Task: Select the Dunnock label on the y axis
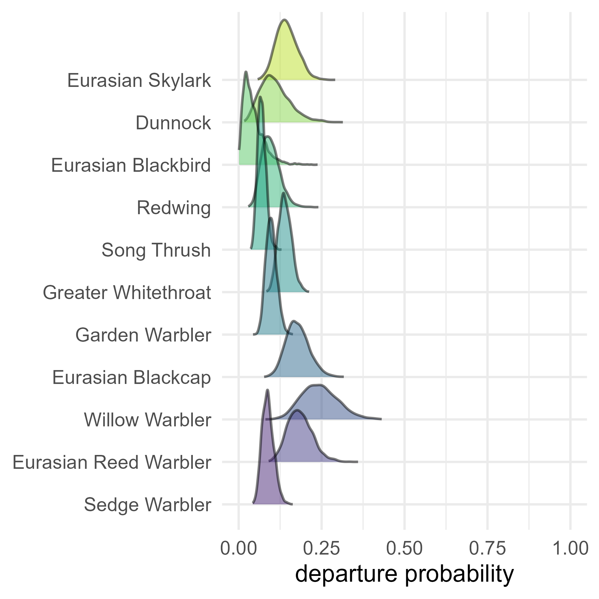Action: pyautogui.click(x=173, y=123)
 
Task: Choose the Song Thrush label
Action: pyautogui.click(x=156, y=250)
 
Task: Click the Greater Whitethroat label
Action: pyautogui.click(x=127, y=293)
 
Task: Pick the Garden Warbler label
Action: pyautogui.click(x=143, y=335)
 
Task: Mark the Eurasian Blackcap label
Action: pyautogui.click(x=131, y=378)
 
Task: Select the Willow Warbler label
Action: pyautogui.click(x=148, y=420)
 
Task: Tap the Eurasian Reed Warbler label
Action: pyautogui.click(x=112, y=462)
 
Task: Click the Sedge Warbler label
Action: pyautogui.click(x=148, y=505)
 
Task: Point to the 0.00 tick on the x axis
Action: pyautogui.click(x=238, y=548)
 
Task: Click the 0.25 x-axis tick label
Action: pyautogui.click(x=322, y=548)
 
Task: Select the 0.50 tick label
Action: pyautogui.click(x=404, y=548)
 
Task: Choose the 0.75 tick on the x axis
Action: pyautogui.click(x=487, y=548)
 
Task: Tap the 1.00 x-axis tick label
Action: pyautogui.click(x=570, y=548)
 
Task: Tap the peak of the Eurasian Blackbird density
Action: pyautogui.click(x=246, y=72)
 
